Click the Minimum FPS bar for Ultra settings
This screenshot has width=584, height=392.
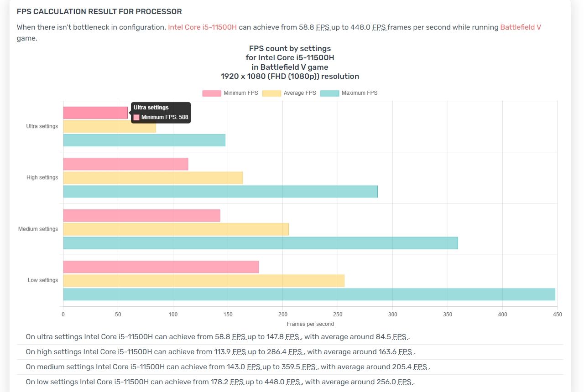(95, 113)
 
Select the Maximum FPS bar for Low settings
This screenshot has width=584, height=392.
(309, 294)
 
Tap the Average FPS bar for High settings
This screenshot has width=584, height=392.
(153, 178)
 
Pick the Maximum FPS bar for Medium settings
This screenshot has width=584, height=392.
(260, 243)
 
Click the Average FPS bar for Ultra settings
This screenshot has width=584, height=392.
(109, 126)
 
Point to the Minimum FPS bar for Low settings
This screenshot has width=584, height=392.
(161, 267)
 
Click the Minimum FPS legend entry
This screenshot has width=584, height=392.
(230, 93)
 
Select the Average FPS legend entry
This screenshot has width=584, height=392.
(289, 93)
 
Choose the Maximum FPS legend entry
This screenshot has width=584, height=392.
(349, 93)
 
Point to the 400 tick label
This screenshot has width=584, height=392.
(502, 314)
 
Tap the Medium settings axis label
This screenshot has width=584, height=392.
(38, 229)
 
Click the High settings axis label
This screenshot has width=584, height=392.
(42, 177)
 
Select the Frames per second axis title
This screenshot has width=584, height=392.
(310, 324)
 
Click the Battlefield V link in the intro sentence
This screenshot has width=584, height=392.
(521, 27)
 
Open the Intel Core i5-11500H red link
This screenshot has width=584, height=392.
(202, 27)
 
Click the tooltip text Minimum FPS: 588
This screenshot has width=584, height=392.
(165, 117)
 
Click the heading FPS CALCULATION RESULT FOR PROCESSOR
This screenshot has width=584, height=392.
(99, 11)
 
